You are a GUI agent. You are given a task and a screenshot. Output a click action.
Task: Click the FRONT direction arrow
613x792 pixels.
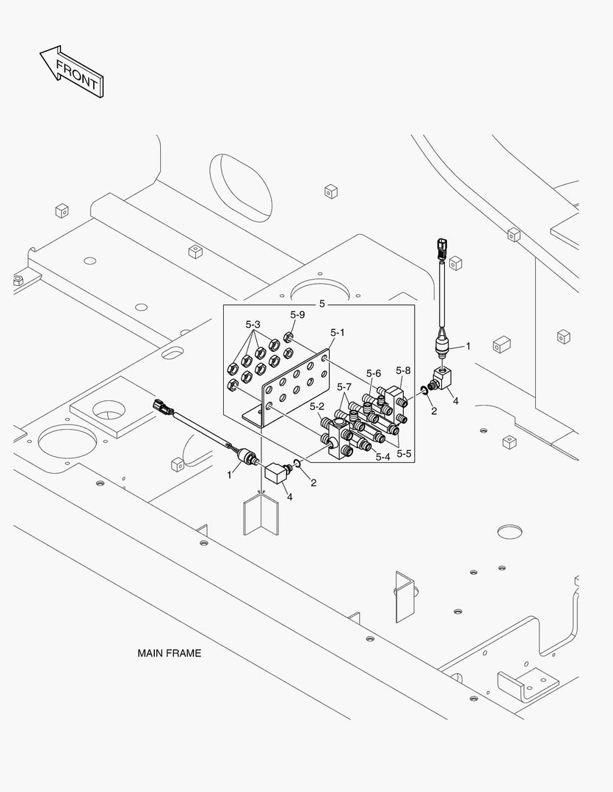[71, 71]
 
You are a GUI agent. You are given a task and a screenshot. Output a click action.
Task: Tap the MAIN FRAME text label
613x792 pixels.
[169, 653]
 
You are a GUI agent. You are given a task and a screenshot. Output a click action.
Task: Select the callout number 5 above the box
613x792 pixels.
[321, 303]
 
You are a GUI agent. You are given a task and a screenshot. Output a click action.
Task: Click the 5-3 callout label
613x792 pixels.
[253, 324]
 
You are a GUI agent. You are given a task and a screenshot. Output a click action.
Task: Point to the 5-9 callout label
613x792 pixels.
[297, 315]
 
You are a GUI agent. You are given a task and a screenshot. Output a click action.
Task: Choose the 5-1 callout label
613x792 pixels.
[338, 332]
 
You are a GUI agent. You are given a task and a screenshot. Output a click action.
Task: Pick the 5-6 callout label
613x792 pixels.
[374, 373]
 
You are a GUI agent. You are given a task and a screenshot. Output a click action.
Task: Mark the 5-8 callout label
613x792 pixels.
[403, 370]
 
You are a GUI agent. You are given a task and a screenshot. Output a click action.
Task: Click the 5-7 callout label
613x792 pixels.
[344, 386]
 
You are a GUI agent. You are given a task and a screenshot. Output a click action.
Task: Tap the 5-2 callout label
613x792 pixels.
[317, 406]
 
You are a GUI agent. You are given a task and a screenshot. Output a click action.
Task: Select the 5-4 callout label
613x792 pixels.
[382, 457]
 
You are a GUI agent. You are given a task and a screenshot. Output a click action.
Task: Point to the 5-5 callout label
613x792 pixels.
[404, 454]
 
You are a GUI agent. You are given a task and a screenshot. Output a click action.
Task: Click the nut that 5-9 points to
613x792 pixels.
[289, 337]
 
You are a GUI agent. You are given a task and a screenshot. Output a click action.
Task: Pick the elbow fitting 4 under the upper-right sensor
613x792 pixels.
[446, 380]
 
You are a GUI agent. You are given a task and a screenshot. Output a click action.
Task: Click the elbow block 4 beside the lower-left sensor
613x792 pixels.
[276, 472]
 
